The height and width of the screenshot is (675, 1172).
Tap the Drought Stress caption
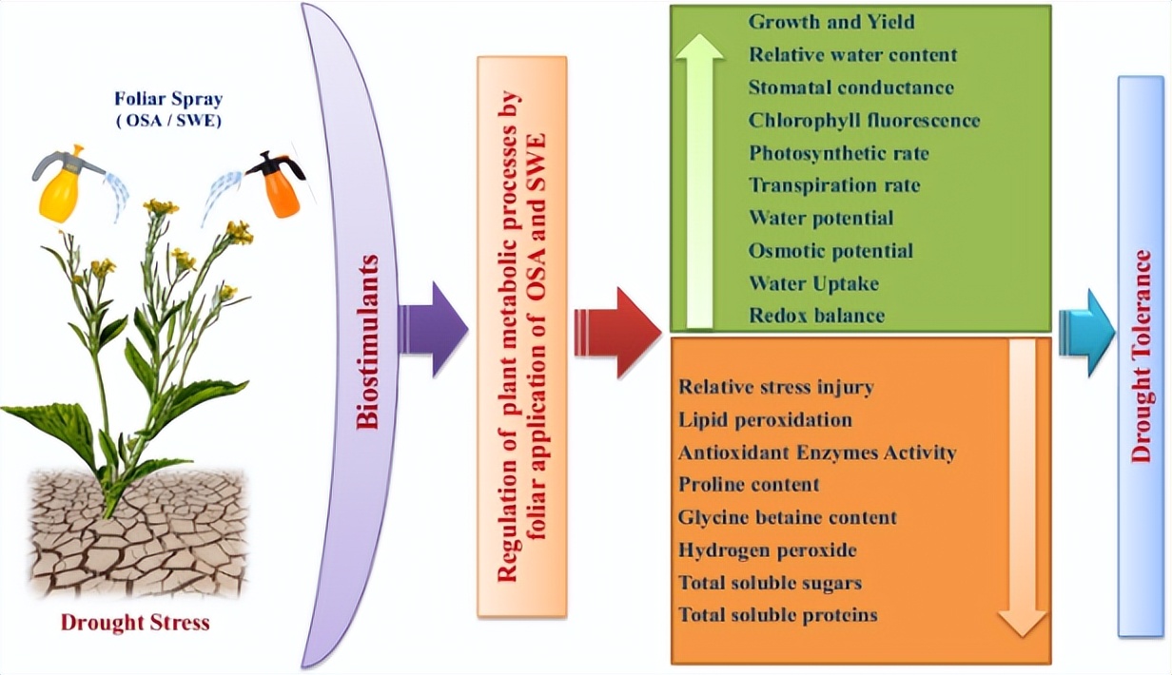click(x=135, y=624)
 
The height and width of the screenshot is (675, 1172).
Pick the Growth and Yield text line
click(x=818, y=21)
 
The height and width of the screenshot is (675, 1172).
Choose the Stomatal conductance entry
click(x=850, y=87)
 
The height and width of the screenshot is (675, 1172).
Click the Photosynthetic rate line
click(x=838, y=153)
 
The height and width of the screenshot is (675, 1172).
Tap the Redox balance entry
click(x=816, y=315)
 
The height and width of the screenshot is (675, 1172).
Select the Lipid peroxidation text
click(x=765, y=419)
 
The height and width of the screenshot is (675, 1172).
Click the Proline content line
click(x=749, y=484)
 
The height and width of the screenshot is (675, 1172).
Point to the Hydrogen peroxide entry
click(x=768, y=550)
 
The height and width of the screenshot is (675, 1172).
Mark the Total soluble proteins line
click(x=777, y=614)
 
